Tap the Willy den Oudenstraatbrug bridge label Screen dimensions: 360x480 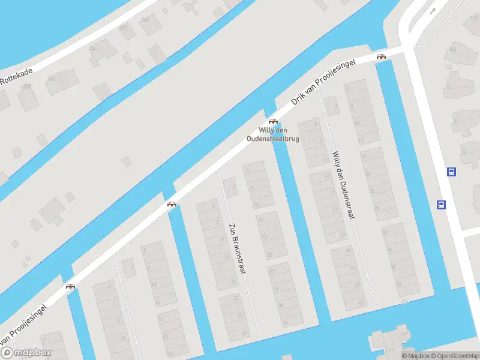(273, 134)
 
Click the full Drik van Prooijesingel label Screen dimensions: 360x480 (323, 82)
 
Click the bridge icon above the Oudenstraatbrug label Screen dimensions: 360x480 (273, 121)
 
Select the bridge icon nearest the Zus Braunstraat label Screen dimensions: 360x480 (172, 204)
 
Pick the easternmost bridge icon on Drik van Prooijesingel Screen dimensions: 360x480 (381, 56)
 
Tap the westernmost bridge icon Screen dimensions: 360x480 (71, 286)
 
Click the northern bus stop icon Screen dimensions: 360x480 (451, 172)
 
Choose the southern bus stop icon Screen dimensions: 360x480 (441, 205)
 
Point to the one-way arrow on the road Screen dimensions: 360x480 (432, 11)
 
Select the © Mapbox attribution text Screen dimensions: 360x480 (416, 356)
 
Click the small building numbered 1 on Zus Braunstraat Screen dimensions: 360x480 (231, 188)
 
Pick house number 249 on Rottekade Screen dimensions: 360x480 (146, 20)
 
